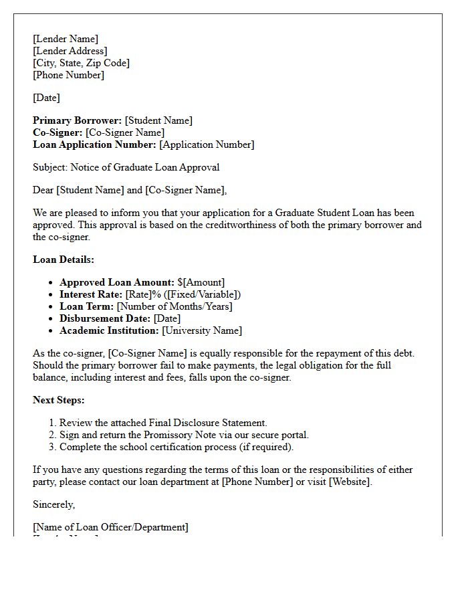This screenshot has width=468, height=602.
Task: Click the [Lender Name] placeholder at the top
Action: (x=66, y=39)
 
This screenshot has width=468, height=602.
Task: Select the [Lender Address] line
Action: (x=70, y=51)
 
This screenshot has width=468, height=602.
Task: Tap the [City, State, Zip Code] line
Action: (x=81, y=63)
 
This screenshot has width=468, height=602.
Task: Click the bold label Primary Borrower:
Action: (x=78, y=120)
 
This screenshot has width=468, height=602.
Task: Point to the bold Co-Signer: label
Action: (x=57, y=132)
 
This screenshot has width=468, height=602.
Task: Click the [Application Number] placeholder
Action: (x=207, y=144)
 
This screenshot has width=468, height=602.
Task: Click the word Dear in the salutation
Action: (x=43, y=190)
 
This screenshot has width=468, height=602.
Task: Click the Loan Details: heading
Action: (x=64, y=260)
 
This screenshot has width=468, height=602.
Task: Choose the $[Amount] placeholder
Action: (x=201, y=282)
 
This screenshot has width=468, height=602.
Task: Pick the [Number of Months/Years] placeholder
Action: (x=174, y=306)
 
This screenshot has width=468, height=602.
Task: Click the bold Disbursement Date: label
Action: (x=105, y=318)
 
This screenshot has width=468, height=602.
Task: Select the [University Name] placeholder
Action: (x=202, y=330)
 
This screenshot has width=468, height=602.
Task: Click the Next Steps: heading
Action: (x=59, y=400)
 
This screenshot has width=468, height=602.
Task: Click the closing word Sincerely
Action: (x=53, y=504)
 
